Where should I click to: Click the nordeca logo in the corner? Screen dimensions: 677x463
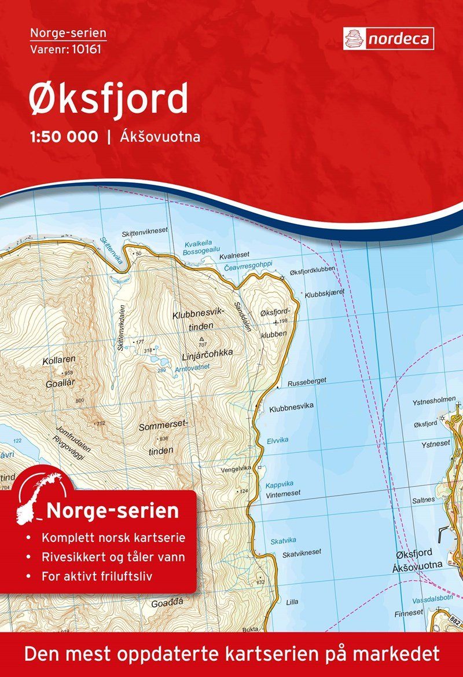(388, 39)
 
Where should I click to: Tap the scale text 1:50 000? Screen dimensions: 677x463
(63, 137)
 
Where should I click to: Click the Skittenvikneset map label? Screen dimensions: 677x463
(145, 230)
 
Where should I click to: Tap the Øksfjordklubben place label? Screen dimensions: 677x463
(313, 270)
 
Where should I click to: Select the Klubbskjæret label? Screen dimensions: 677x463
(325, 292)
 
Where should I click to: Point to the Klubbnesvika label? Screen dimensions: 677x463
(291, 406)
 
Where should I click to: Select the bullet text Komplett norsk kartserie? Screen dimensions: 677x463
(113, 538)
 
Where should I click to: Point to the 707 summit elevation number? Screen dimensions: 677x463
(201, 345)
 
